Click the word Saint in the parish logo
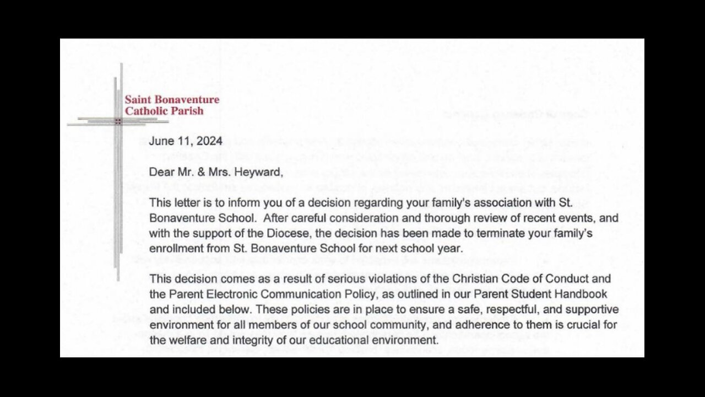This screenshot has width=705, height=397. (x=137, y=100)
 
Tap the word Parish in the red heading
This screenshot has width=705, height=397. (x=188, y=111)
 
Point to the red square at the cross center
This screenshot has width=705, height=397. (x=118, y=121)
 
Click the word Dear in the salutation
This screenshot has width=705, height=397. (x=161, y=173)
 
